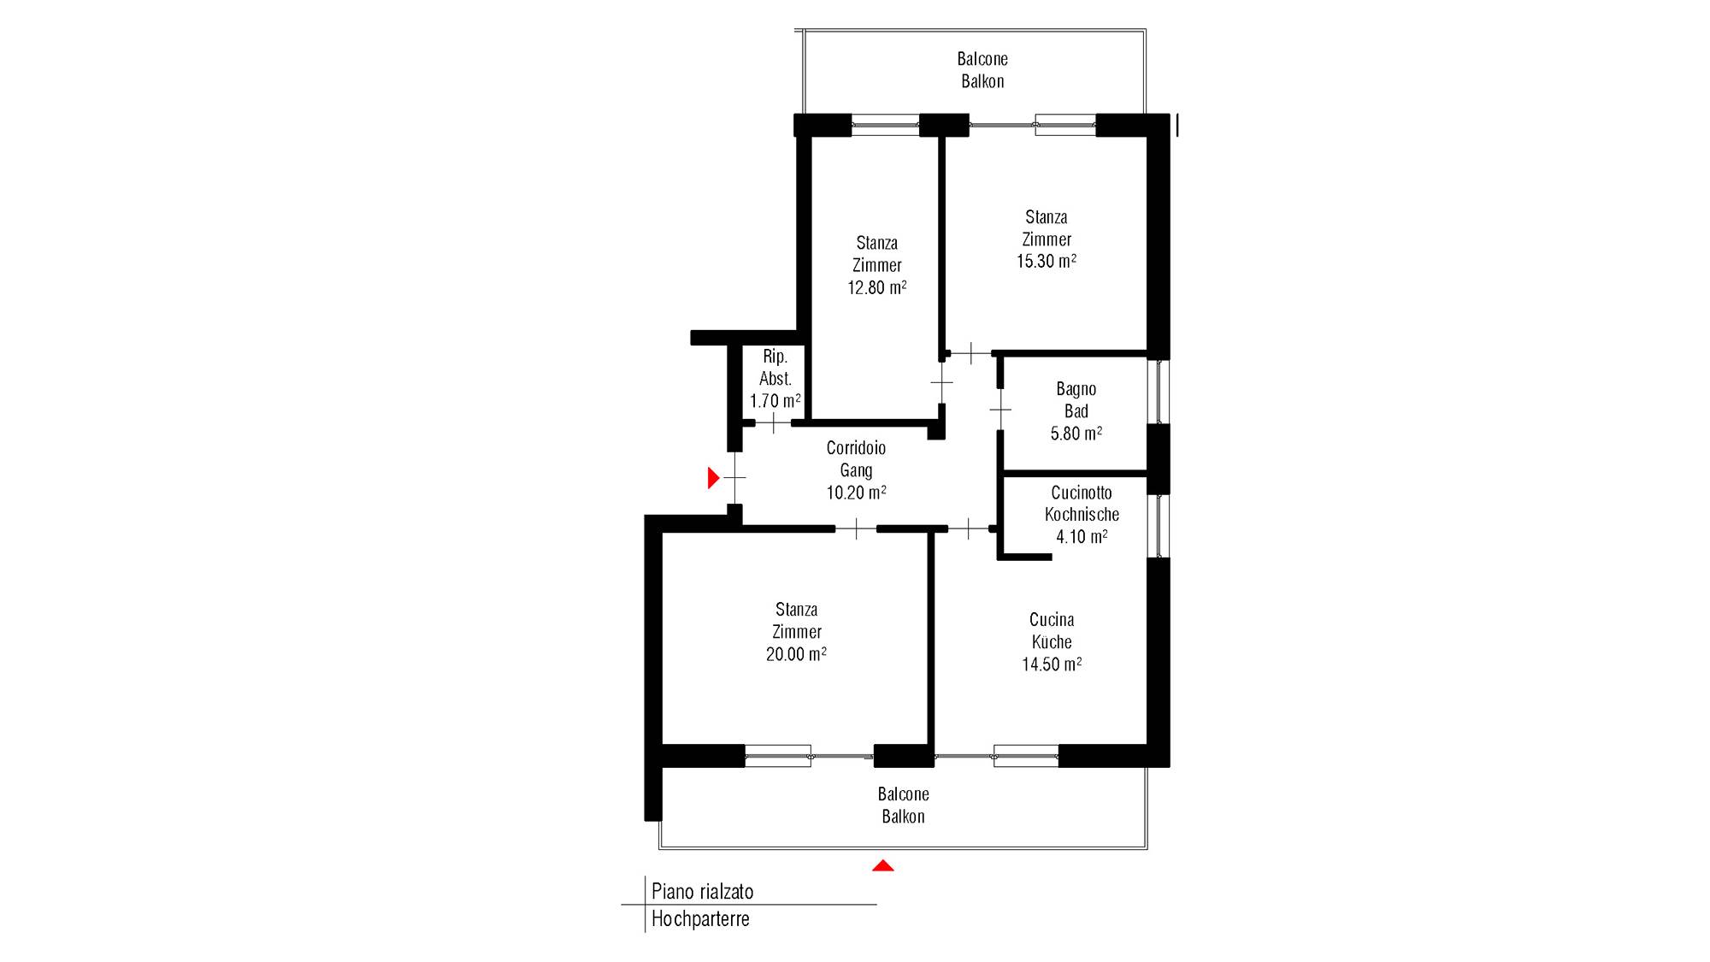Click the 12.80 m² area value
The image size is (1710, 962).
pos(877,288)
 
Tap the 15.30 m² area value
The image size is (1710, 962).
pos(1047,262)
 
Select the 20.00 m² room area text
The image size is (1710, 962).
pos(796,654)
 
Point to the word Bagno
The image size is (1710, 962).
pos(1076,389)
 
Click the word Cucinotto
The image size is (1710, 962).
pos(1082,493)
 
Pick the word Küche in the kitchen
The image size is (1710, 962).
pos(1052,642)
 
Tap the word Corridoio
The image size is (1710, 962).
pos(856,448)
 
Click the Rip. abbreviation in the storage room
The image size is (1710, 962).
pos(775,357)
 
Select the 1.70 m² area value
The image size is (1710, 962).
pos(775,401)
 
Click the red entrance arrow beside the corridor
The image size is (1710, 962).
pos(713,478)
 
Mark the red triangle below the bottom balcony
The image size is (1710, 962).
pos(883,866)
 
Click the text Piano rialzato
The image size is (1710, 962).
pos(703,892)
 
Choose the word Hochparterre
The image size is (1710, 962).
pos(701,919)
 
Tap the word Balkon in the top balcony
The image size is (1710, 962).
pos(982,81)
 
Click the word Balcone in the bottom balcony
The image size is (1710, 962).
pos(904,794)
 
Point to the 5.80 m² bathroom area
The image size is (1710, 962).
pos(1076,434)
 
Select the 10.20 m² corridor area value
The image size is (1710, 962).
pos(856,493)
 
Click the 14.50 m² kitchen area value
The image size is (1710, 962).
pos(1052,664)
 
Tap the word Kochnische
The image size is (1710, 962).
pos(1082,515)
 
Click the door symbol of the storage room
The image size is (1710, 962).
pos(774,422)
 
